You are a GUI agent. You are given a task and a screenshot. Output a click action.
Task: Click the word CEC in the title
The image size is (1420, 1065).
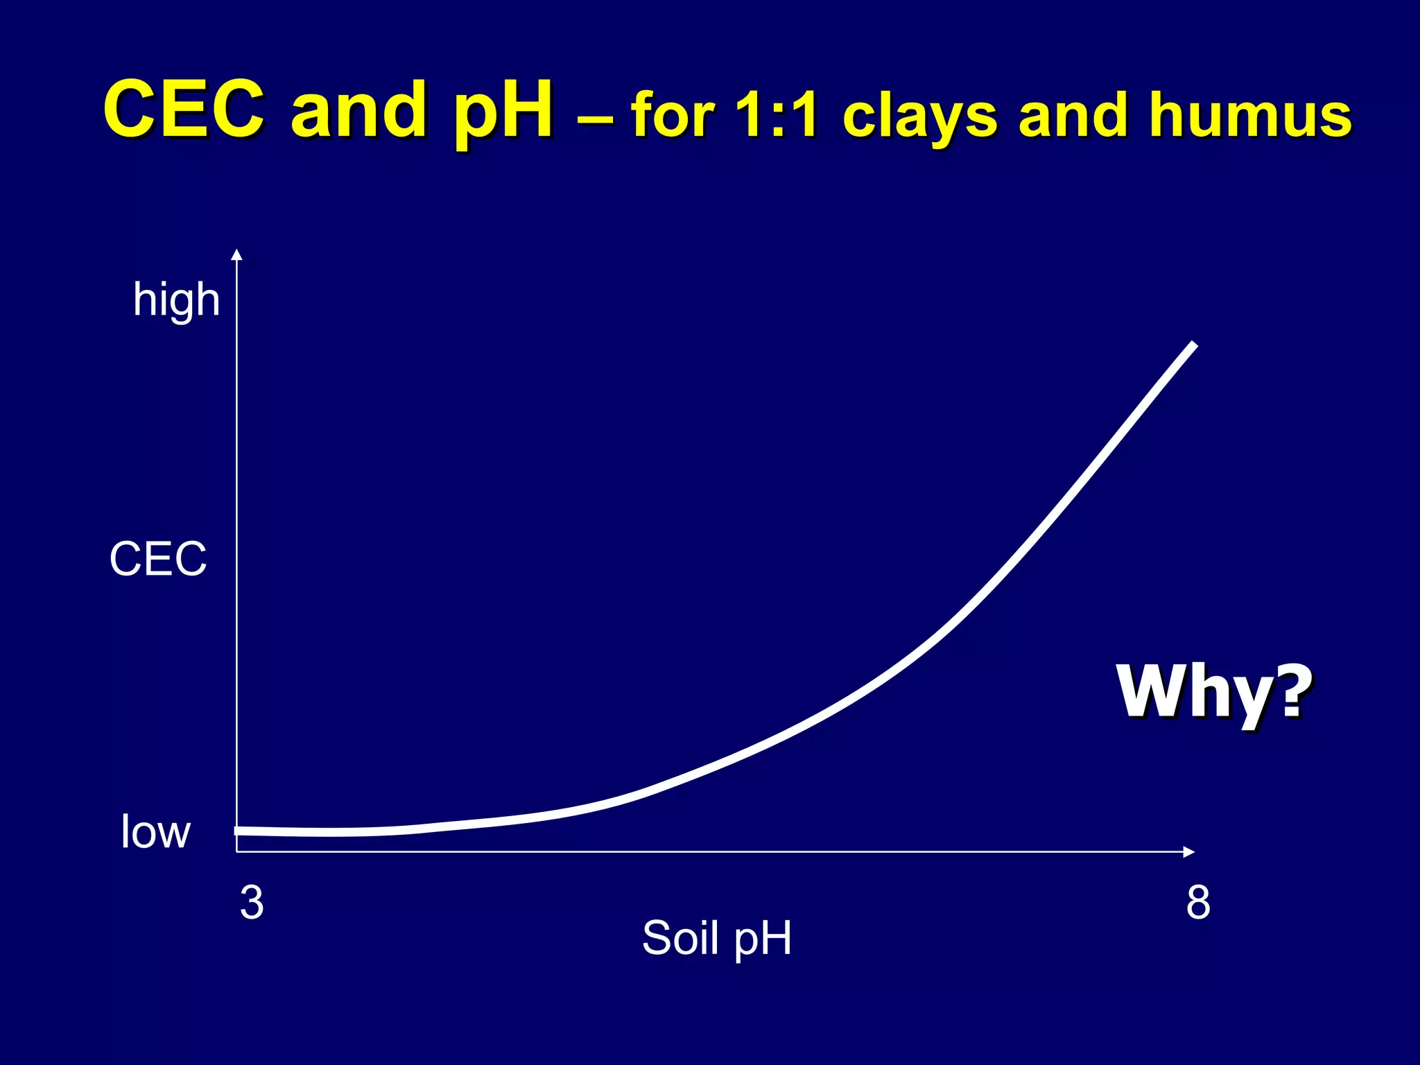[x=184, y=110]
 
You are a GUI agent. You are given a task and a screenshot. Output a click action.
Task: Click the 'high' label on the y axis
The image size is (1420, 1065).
[x=176, y=300]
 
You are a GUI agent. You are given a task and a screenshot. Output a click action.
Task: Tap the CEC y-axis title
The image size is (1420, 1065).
[x=158, y=559]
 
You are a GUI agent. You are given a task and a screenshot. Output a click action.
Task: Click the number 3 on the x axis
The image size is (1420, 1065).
[x=252, y=903]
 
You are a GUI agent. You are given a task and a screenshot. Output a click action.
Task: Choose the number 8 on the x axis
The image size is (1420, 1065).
[x=1198, y=903]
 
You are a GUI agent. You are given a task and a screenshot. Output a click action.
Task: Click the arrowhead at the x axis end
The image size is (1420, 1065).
[x=1189, y=851]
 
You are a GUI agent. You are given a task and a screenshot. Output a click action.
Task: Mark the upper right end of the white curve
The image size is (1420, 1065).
[x=1194, y=345]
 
